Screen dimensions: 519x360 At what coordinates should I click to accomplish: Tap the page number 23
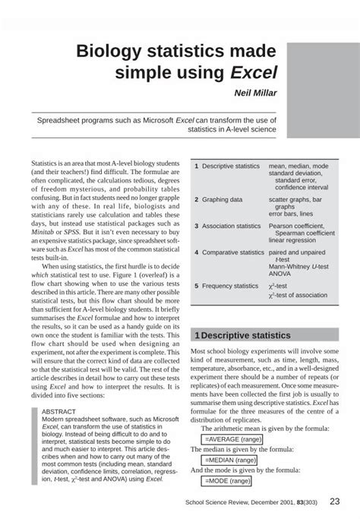point(333,502)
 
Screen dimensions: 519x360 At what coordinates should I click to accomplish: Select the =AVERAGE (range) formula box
point(235,439)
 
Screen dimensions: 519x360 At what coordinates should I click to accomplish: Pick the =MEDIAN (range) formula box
point(231,460)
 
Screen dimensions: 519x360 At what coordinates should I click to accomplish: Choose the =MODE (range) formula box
point(228,480)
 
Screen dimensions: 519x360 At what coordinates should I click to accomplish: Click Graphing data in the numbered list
point(222,200)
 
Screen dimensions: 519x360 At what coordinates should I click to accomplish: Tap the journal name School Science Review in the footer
point(217,502)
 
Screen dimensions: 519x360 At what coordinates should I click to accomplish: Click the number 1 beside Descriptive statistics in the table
point(196,166)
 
